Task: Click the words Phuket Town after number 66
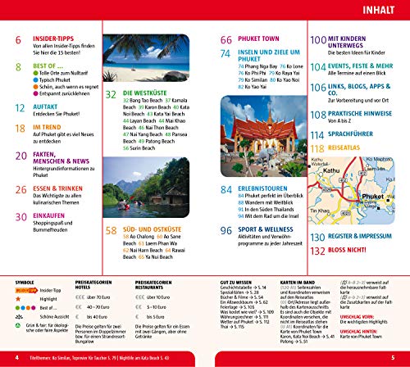(x=262, y=39)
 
